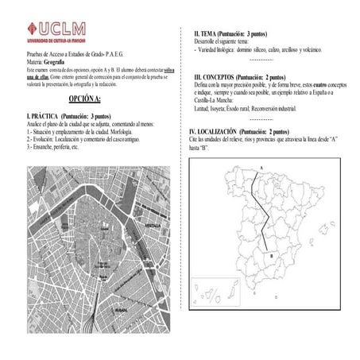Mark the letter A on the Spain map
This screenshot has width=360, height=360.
tap(261, 166)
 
